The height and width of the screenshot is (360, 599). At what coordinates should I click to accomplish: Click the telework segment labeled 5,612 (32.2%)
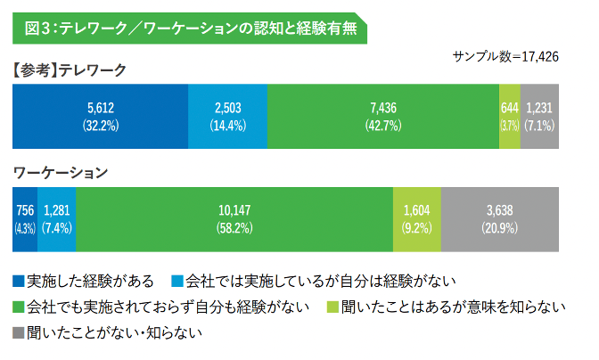click(x=100, y=116)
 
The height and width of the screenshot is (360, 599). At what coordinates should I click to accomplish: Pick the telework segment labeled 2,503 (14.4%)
click(x=227, y=116)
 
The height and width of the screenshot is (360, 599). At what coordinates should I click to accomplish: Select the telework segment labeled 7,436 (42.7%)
click(x=382, y=116)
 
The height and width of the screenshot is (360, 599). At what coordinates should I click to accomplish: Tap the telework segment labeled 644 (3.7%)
click(x=509, y=116)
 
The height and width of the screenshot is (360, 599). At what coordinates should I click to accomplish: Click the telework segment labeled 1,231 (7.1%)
click(x=539, y=116)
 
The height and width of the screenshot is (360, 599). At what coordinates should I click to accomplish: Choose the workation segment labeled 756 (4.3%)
click(x=24, y=218)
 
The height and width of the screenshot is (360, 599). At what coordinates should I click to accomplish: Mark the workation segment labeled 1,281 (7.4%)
click(x=56, y=218)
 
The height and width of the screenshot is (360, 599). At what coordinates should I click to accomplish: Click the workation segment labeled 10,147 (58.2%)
click(x=234, y=218)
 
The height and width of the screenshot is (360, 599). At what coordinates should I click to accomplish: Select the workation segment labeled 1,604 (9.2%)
click(x=417, y=218)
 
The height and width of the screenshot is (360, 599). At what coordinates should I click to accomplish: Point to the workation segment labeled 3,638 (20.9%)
click(x=500, y=218)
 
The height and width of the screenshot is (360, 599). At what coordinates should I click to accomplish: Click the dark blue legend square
click(x=18, y=282)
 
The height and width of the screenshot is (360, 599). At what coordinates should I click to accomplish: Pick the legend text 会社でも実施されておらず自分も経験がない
click(x=168, y=307)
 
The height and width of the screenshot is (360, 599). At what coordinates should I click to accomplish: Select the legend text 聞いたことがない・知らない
click(x=115, y=333)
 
